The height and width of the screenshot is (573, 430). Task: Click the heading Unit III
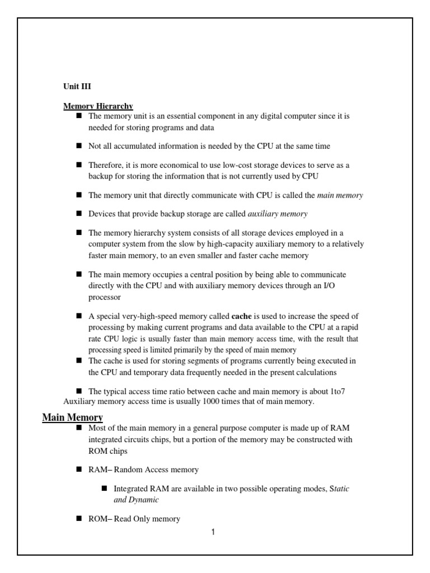[77, 87]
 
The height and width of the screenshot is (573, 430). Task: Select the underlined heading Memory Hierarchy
[98, 106]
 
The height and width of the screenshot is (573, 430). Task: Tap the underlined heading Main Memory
[73, 417]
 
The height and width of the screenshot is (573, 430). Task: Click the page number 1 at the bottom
[213, 532]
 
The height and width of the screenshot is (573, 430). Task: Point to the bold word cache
[242, 317]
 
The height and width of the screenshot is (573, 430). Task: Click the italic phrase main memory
[340, 195]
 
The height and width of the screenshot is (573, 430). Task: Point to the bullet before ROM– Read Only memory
[79, 518]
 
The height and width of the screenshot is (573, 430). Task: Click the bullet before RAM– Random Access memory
[79, 469]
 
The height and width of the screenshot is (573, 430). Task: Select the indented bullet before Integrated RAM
[104, 488]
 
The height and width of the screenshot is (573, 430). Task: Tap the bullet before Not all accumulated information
[79, 145]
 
